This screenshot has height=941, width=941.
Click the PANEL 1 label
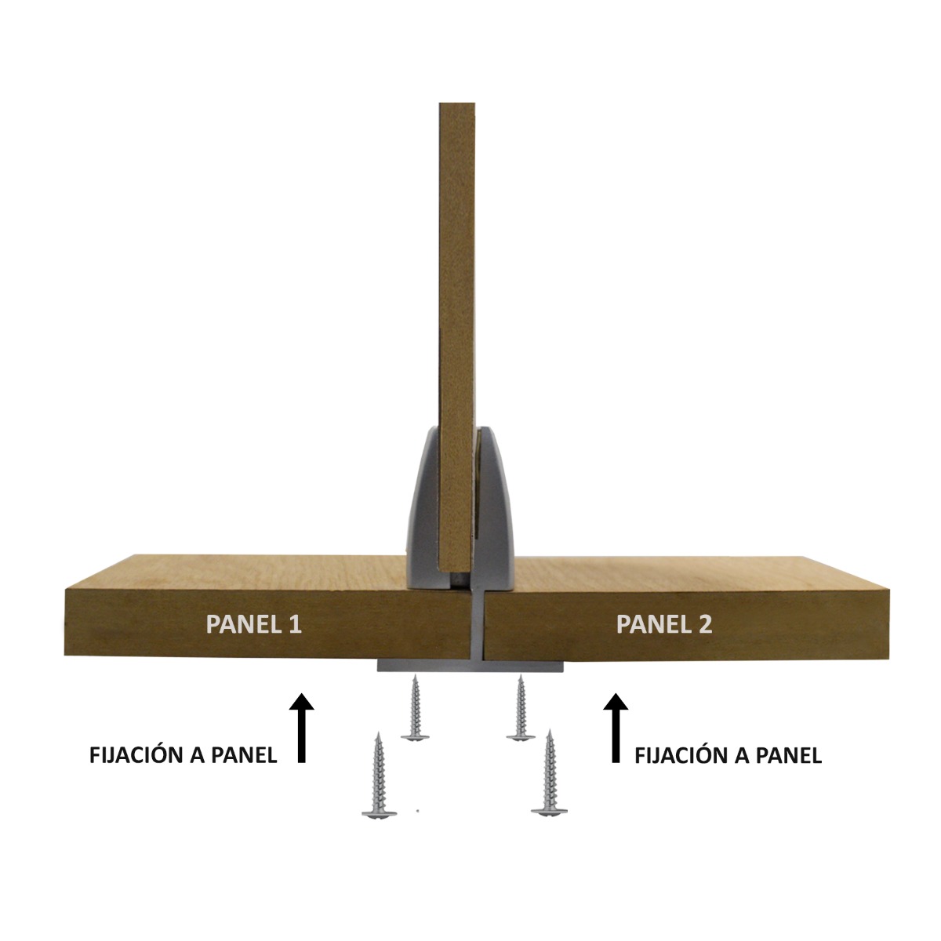coord(254,624)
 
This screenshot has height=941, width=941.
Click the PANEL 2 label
coord(664,624)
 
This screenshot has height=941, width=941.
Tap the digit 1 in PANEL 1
coord(296,624)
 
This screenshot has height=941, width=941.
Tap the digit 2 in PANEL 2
coord(705,624)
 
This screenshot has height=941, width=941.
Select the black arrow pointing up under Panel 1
coord(301,728)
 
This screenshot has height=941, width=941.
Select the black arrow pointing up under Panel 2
coord(616,728)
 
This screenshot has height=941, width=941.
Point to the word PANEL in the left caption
coord(244,755)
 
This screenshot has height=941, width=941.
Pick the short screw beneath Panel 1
coord(415,707)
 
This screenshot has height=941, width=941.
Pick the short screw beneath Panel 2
coord(521,707)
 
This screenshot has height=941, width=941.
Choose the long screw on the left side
coord(379,776)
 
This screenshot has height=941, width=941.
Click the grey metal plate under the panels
coord(470,666)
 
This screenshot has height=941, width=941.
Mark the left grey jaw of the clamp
coord(423,508)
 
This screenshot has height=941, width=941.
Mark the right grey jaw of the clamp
coord(494,508)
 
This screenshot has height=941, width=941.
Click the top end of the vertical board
coord(457,104)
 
